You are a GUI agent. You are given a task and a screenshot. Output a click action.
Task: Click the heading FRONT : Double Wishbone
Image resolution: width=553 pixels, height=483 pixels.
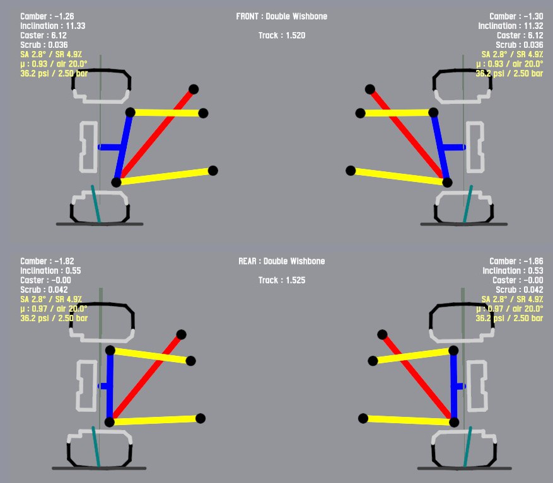click(281, 16)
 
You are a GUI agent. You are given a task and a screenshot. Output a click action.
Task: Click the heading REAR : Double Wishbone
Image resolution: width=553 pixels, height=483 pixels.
click(281, 261)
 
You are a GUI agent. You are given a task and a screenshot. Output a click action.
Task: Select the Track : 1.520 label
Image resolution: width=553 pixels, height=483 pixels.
click(281, 36)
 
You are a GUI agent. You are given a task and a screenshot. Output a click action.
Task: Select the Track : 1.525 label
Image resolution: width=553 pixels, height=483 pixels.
click(281, 280)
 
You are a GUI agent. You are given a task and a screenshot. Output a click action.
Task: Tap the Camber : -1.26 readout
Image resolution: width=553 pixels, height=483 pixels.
click(47, 16)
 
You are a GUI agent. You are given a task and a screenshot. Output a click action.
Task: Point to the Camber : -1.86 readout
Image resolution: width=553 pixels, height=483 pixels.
click(516, 261)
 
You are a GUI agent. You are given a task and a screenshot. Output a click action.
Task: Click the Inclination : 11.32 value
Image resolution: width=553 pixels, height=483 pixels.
click(510, 26)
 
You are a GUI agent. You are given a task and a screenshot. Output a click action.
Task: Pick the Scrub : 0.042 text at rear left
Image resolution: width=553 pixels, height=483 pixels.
click(44, 290)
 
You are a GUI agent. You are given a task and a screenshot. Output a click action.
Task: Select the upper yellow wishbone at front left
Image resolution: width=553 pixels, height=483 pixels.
click(166, 113)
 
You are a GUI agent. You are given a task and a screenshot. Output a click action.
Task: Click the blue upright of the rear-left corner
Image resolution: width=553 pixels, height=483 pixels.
click(110, 385)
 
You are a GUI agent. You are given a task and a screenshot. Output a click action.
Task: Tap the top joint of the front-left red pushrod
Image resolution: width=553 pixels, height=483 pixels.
click(194, 89)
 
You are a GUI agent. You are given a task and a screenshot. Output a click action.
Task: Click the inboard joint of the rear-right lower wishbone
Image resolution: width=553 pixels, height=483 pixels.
click(363, 418)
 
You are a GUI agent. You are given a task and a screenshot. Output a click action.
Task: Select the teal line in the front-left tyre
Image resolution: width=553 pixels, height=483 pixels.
click(95, 204)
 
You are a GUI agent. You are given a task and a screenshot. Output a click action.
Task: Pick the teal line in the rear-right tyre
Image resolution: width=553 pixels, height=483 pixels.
click(467, 448)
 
